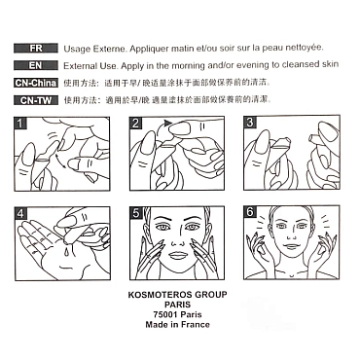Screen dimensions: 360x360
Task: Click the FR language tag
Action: [x=36, y=48]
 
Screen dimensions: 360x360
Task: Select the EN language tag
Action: [x=36, y=65]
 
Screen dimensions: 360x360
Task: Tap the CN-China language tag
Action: [x=36, y=83]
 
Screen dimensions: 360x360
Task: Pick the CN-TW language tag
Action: [x=36, y=100]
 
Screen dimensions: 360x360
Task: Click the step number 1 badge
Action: [x=20, y=124]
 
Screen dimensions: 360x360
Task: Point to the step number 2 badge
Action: [x=135, y=124]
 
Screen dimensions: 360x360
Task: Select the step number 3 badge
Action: [x=250, y=123]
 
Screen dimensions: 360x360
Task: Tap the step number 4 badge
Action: [x=20, y=213]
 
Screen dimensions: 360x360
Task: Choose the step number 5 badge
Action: [x=135, y=213]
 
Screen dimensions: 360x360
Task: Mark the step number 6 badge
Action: [x=250, y=212]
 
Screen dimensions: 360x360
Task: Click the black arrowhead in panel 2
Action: [x=167, y=123]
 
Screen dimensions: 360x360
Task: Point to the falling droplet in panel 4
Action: [x=67, y=250]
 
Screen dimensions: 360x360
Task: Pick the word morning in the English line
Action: [x=189, y=66]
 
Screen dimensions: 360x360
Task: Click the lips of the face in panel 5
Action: [x=176, y=256]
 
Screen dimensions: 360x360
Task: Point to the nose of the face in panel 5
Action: [x=177, y=240]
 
